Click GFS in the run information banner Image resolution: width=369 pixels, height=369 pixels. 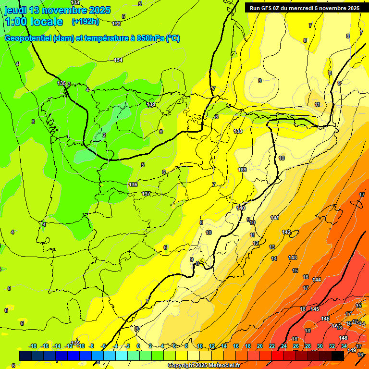(269, 8)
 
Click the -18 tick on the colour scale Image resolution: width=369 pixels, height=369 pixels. (33, 346)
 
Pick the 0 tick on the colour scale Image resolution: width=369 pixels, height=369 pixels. (138, 346)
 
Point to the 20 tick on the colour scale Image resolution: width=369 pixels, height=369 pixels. (260, 346)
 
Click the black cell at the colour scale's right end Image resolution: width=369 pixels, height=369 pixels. (338, 356)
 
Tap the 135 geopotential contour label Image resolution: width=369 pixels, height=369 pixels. (61, 83)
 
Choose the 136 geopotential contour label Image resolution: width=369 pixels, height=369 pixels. (133, 184)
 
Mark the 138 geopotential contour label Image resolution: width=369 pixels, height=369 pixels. (238, 131)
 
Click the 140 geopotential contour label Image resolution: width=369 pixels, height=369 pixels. (241, 208)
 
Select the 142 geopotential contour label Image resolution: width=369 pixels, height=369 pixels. (286, 232)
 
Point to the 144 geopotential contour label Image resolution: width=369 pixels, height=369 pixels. (317, 280)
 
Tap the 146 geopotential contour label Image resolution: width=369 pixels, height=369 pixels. (325, 319)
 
